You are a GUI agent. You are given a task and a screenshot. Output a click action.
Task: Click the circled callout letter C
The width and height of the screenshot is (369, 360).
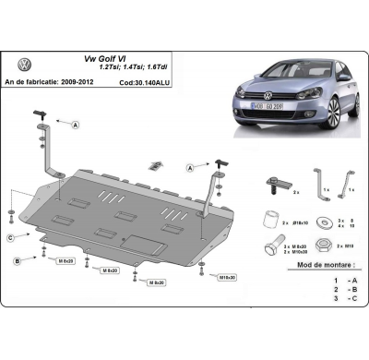coord(10,238)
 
